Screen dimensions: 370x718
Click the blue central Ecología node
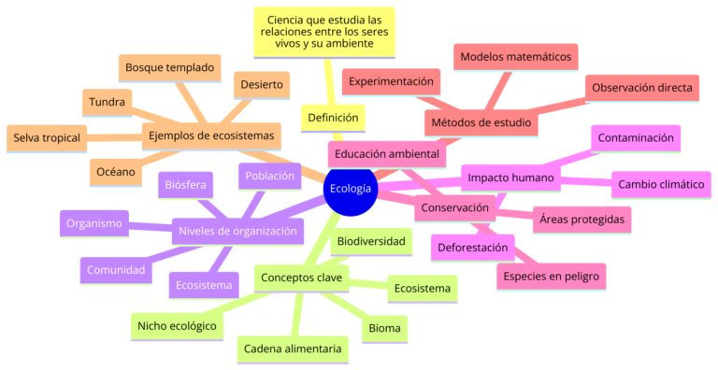coord(351,189)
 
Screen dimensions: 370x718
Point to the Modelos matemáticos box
coord(516,57)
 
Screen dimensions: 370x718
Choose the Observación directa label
coord(641,88)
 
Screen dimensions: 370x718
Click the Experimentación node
coord(392,82)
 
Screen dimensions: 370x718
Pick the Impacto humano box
coord(510,178)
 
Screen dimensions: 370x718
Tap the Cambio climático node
coord(661,185)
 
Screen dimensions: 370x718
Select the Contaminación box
coord(636,138)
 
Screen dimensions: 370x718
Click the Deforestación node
coord(475,248)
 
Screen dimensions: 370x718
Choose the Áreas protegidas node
coord(582,220)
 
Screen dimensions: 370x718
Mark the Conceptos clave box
coord(302,277)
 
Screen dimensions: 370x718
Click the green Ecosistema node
coord(423,288)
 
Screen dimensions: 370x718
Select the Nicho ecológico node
coord(178,325)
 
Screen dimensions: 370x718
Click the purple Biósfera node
coord(184,185)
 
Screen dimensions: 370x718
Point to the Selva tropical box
coord(47,138)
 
